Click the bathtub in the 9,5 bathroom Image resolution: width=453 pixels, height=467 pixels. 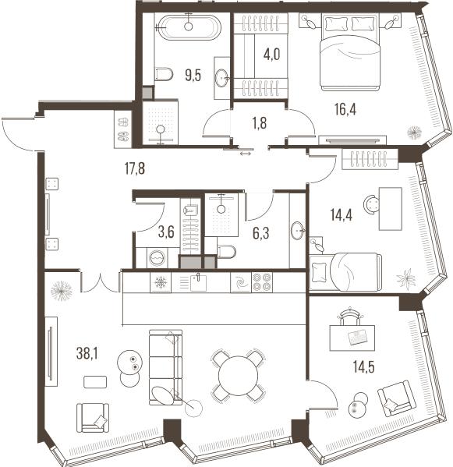pos(189,27)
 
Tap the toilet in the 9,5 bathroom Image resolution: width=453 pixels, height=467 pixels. pos(164,74)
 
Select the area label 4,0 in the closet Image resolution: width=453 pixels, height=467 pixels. pos(271,55)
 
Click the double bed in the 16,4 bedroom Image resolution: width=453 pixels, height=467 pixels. pos(350,52)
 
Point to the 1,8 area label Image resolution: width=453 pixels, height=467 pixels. pos(260,123)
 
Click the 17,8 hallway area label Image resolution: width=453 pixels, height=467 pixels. pos(135,168)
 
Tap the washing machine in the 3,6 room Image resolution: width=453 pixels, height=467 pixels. pos(157,257)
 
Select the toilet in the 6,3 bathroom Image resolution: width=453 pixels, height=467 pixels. pos(227,252)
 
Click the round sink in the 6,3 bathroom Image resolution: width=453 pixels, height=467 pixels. pos(298,230)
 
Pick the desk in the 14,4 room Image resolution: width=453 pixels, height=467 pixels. pos(390,208)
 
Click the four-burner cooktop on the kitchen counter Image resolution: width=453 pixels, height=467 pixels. pos(262,282)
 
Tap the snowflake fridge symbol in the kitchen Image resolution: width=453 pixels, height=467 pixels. pos(161,281)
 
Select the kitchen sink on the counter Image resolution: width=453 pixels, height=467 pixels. pos(198,283)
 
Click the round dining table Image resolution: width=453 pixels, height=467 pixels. pos(239,376)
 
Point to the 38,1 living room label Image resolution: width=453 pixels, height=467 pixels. pos(87,353)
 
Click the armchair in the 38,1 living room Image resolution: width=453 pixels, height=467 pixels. pos(93,418)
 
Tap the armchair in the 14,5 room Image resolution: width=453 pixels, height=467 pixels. pos(397,398)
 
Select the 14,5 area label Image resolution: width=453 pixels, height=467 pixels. pos(363,366)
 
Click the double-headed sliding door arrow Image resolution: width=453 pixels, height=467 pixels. pos(246,154)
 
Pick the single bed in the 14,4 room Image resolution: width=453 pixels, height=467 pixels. pos(345,271)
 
